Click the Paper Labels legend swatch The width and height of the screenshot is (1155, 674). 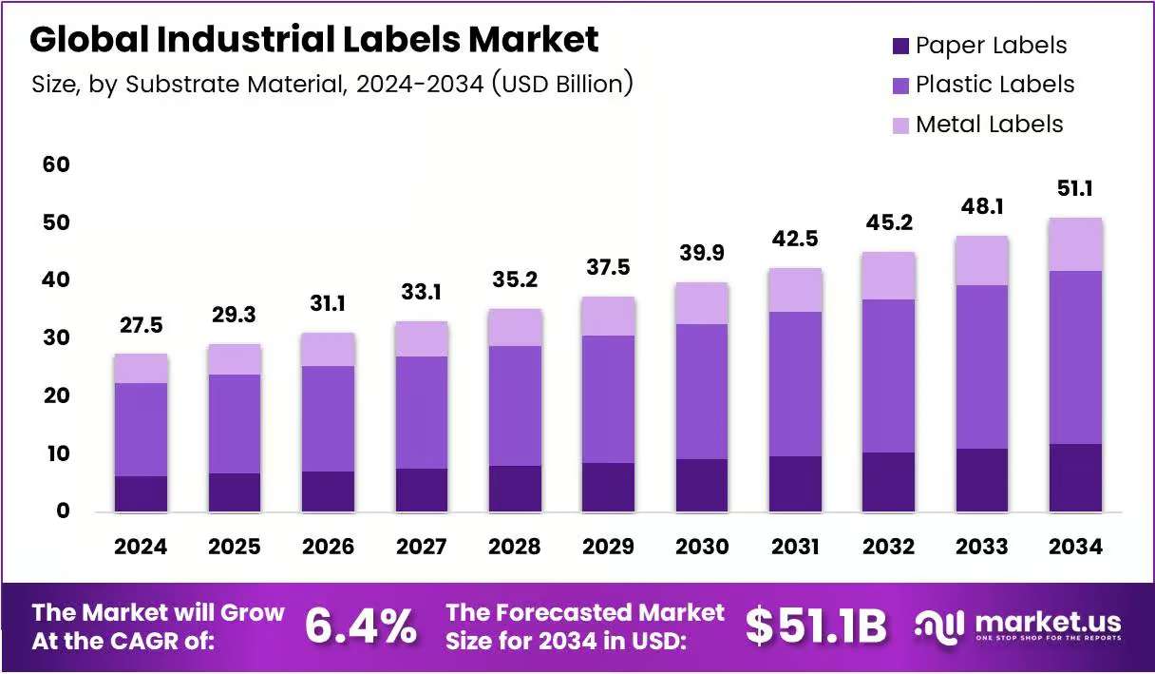[x=900, y=47]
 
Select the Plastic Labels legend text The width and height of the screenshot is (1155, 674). [x=994, y=84]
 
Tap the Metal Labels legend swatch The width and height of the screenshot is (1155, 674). [x=900, y=125]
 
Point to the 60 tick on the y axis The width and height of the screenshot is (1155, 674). [x=56, y=164]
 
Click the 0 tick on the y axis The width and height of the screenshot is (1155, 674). [x=63, y=510]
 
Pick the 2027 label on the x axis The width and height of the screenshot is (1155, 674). [x=421, y=547]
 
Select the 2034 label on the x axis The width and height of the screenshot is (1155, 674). [x=1075, y=547]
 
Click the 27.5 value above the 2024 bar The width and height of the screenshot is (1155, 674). [x=141, y=325]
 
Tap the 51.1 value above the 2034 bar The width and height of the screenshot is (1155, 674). [x=1075, y=188]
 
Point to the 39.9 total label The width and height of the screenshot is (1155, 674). [x=702, y=252]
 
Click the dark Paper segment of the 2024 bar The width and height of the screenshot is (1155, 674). [x=141, y=494]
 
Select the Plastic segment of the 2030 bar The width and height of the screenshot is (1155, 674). [x=702, y=392]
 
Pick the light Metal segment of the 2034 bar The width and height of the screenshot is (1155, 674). [x=1075, y=244]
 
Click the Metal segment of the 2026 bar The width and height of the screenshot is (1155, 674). [x=328, y=350]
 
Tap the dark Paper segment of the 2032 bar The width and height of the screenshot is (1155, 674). [x=888, y=482]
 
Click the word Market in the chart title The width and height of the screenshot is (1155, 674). [x=533, y=39]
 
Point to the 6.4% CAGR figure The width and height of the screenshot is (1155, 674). [x=360, y=626]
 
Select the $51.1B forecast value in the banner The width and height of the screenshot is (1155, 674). [x=816, y=626]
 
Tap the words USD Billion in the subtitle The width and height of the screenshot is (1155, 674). [x=562, y=84]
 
